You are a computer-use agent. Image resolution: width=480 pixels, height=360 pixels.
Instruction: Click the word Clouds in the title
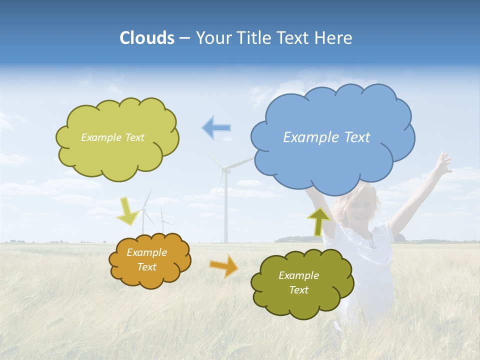(x=147, y=38)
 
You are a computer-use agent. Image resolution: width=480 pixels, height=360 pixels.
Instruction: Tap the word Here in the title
(x=334, y=38)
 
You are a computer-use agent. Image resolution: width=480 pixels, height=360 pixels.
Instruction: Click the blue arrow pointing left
(x=216, y=127)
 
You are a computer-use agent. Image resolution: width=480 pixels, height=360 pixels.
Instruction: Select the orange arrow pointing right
(x=224, y=265)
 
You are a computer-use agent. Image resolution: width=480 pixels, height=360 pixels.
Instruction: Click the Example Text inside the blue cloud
(x=326, y=137)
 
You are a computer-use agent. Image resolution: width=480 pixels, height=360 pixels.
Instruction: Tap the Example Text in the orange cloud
(x=146, y=260)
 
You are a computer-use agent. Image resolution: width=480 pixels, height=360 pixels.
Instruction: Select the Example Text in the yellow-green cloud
(x=112, y=137)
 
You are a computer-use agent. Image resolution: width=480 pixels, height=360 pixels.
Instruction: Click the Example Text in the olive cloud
(x=298, y=282)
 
